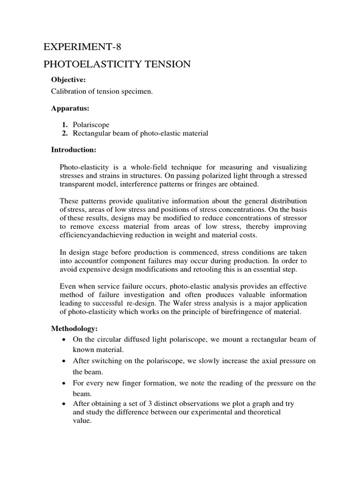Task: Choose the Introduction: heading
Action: coord(73,150)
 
